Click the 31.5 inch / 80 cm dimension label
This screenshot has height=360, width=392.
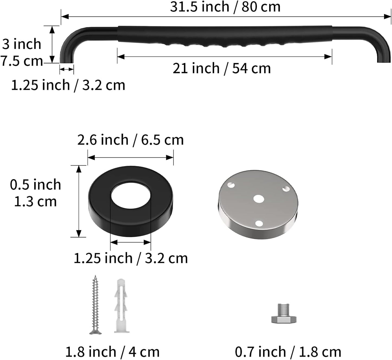coord(225,7)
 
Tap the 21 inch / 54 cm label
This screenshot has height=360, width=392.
coord(222,68)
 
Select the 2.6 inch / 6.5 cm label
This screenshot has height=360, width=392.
coord(130,140)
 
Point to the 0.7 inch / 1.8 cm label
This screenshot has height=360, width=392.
coord(288,352)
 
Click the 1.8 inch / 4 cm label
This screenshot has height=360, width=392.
coord(112,352)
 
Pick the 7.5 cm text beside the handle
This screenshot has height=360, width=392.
coord(22,61)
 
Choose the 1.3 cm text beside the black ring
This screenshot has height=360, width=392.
coord(35,202)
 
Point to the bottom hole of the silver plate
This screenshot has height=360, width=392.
coord(259,224)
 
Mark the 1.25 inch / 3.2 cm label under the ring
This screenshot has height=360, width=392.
coord(130,258)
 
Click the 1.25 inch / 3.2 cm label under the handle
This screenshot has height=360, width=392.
coord(68,85)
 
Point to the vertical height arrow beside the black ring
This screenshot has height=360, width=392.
coord(79,201)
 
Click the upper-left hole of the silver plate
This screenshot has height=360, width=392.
coord(231,185)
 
